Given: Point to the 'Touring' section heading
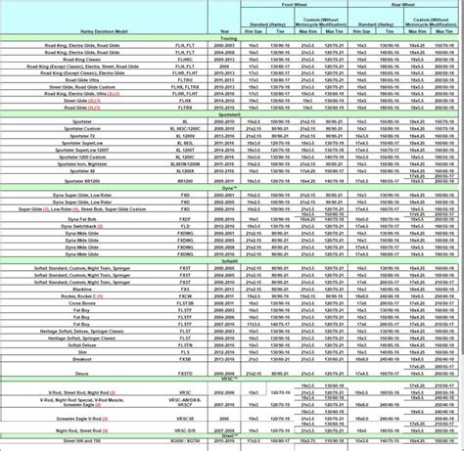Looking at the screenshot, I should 232,37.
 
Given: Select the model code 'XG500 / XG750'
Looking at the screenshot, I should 182,443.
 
